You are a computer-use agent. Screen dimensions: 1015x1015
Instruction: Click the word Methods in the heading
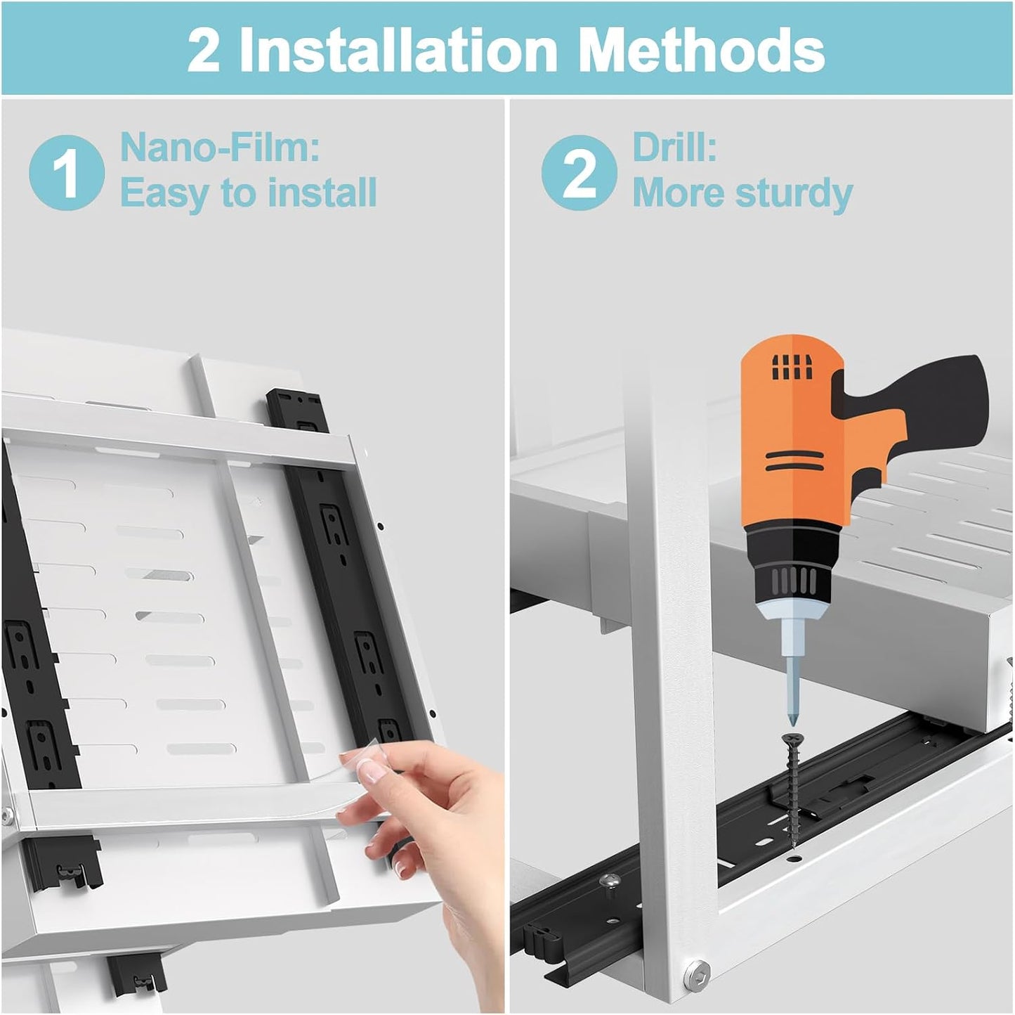click(705, 49)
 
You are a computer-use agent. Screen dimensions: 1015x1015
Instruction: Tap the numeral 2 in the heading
click(204, 50)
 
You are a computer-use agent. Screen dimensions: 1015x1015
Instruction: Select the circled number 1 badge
click(67, 172)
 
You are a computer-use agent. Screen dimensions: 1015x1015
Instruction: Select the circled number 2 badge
click(579, 172)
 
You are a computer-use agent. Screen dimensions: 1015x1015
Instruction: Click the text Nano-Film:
click(220, 147)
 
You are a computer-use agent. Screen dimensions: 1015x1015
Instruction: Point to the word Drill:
click(675, 147)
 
